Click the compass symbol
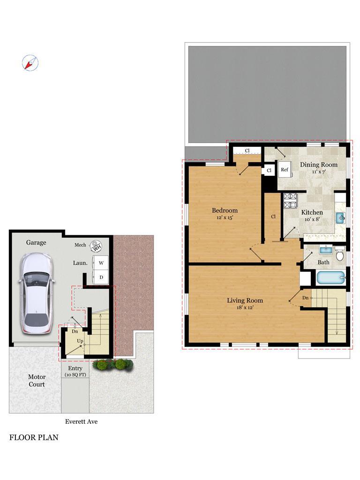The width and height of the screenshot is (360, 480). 30,63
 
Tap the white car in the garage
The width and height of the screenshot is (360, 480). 36,293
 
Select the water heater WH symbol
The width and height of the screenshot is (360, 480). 96,246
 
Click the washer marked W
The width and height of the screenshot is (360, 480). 101,262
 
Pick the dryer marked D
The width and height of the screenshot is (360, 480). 101,277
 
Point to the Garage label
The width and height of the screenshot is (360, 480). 36,242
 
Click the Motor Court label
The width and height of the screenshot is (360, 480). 37,381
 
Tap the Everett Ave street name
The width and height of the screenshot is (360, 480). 81,421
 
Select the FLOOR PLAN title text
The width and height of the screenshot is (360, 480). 34,437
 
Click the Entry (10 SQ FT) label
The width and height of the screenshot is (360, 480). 75,371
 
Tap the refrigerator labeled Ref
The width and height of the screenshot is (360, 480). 285,170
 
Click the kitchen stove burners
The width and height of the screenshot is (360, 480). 290,201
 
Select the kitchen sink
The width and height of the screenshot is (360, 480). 340,218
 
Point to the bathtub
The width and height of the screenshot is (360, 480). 331,278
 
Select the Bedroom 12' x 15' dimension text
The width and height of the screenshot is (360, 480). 225,217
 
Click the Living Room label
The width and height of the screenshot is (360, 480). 245,300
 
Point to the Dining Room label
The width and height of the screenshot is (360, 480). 319,165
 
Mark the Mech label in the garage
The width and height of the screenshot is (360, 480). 80,245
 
